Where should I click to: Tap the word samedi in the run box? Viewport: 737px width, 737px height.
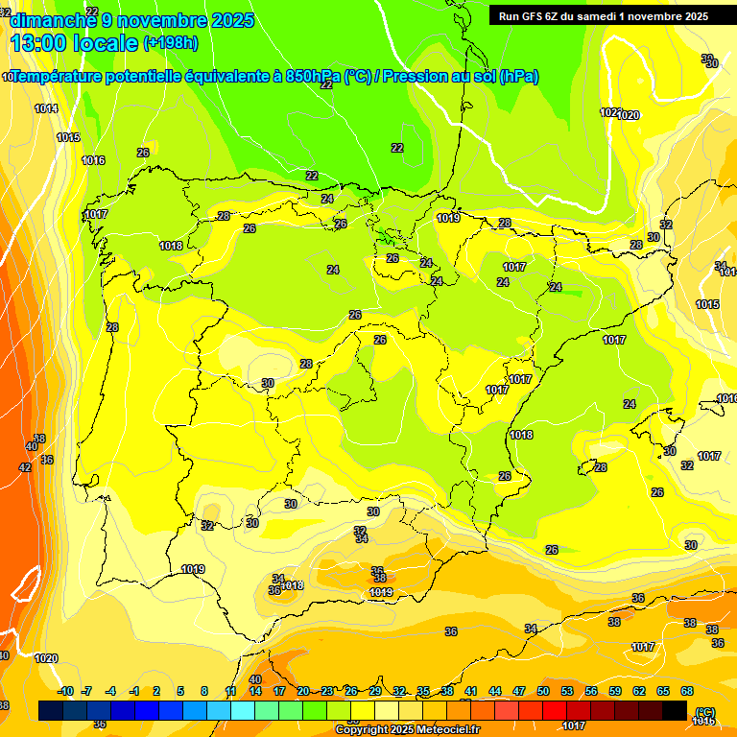pyautogui.click(x=602, y=15)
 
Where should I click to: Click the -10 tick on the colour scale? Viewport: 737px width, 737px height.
pyautogui.click(x=65, y=691)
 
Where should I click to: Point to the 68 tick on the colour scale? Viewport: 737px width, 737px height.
pyautogui.click(x=686, y=691)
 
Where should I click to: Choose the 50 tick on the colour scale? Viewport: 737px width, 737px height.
pyautogui.click(x=543, y=691)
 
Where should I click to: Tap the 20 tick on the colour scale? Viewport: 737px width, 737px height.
pyautogui.click(x=303, y=691)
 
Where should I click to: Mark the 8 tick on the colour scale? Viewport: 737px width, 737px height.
pyautogui.click(x=204, y=691)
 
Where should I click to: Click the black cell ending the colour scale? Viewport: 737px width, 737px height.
pyautogui.click(x=675, y=710)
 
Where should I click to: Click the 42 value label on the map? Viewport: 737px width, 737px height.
pyautogui.click(x=25, y=467)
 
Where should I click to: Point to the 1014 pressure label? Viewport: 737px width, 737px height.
pyautogui.click(x=46, y=108)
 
